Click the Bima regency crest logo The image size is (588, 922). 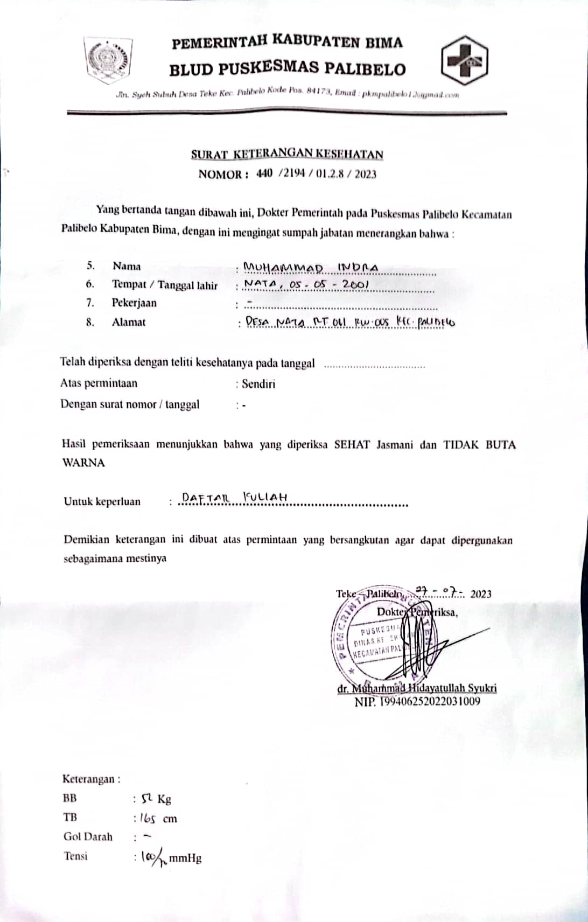108,60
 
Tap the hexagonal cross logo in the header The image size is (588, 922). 464,60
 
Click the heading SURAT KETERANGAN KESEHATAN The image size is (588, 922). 287,155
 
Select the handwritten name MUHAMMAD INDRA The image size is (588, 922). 311,268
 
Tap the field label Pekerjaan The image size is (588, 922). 134,303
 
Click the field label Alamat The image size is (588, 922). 129,322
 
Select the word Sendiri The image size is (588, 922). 258,384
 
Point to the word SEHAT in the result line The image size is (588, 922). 352,445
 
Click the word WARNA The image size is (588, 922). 83,463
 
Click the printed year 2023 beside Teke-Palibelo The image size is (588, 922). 481,594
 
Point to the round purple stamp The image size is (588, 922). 372,641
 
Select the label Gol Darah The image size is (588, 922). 88,837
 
